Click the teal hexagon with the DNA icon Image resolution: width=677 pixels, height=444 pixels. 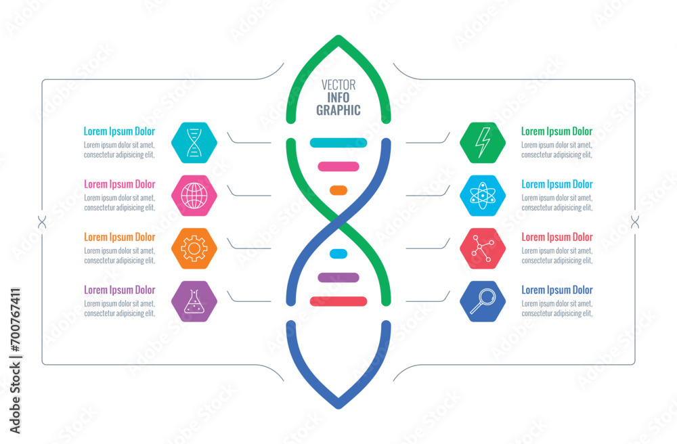[x=194, y=143]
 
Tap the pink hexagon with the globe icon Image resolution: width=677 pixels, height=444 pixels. [x=194, y=196]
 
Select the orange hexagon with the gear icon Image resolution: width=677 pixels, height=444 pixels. [x=194, y=248]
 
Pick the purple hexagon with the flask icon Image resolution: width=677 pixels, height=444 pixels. [x=194, y=301]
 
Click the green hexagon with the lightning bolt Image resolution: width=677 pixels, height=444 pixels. [x=483, y=143]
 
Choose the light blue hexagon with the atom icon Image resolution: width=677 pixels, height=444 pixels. [x=483, y=196]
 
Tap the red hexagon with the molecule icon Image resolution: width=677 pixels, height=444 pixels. [x=483, y=248]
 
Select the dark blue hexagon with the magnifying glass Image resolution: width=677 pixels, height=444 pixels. [x=483, y=301]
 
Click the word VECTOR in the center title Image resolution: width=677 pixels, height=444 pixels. [x=338, y=85]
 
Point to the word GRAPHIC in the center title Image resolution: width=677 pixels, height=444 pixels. [x=338, y=110]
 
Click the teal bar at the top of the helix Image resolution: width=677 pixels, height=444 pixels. [x=338, y=143]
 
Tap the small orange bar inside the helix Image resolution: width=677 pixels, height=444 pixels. [x=338, y=190]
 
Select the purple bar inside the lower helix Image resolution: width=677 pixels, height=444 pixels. [x=338, y=277]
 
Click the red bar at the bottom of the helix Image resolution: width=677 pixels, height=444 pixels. [x=338, y=301]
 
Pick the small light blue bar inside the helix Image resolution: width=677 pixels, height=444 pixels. [x=338, y=254]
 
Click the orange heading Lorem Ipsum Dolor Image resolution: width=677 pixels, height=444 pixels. [x=119, y=237]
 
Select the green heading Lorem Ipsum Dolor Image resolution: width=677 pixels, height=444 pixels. [x=556, y=131]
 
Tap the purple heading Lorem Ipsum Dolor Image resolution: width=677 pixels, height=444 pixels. [x=119, y=290]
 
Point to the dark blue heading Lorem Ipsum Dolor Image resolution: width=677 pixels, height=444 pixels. [x=556, y=290]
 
